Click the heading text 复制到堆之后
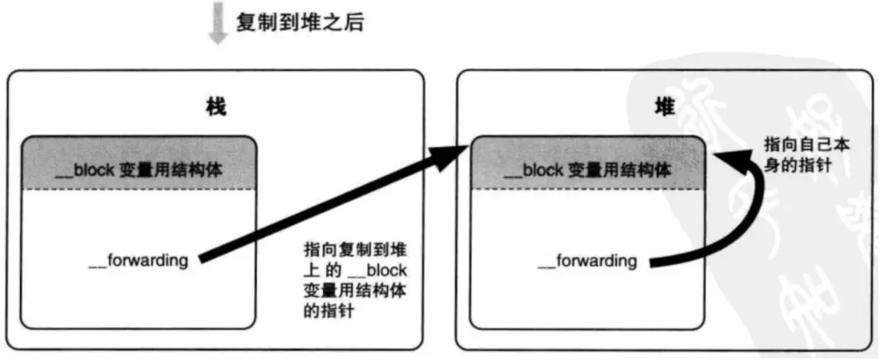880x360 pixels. [x=300, y=22]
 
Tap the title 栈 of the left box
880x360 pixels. [x=215, y=107]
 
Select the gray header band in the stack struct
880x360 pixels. [x=138, y=163]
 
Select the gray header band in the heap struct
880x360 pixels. [x=587, y=163]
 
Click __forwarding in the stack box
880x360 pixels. [x=138, y=261]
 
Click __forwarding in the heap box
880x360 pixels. [x=587, y=261]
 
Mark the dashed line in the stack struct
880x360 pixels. [x=138, y=190]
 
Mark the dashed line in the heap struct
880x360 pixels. [x=587, y=190]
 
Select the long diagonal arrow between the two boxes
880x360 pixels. [x=330, y=206]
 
